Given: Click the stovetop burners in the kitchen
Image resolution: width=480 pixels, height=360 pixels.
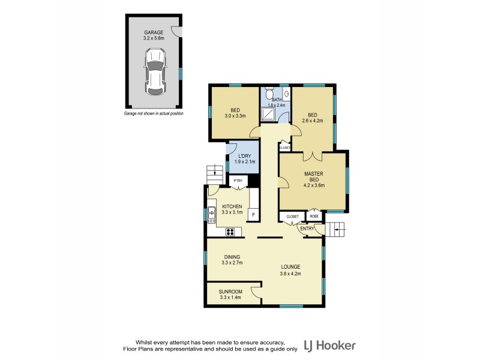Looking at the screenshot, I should point(230,232).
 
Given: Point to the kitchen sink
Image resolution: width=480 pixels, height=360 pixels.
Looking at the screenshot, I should point(212,213).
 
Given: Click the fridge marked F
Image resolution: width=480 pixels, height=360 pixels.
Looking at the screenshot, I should point(253,215).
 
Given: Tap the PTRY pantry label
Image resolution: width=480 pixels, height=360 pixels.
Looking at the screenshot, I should point(238,181).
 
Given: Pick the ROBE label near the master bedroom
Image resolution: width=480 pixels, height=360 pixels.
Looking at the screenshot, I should point(313,216).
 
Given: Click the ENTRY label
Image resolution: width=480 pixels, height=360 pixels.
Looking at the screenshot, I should point(307,229).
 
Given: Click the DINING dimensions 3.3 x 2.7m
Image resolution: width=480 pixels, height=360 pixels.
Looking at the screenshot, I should point(231,263).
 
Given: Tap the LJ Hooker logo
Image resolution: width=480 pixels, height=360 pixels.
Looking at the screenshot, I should point(329,345).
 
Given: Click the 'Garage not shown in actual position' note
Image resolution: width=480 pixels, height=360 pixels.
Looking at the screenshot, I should point(154,113).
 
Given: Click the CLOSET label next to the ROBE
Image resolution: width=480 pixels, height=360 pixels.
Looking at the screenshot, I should point(292,216).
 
